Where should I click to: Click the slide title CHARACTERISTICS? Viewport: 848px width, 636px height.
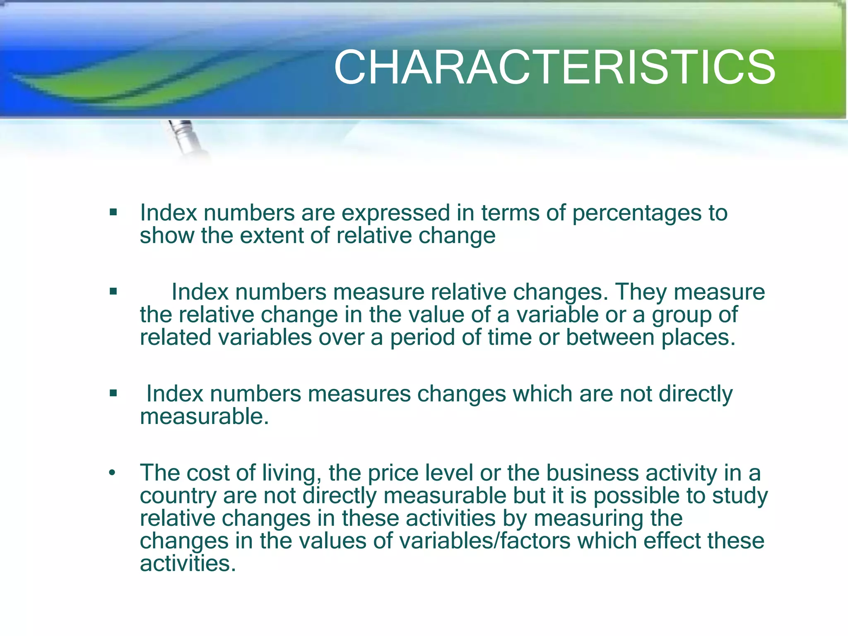click(x=554, y=67)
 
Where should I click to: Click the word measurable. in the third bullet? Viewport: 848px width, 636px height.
click(x=205, y=417)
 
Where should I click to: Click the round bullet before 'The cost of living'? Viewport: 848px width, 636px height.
click(x=112, y=473)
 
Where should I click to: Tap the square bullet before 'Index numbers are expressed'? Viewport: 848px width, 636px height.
click(x=113, y=213)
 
